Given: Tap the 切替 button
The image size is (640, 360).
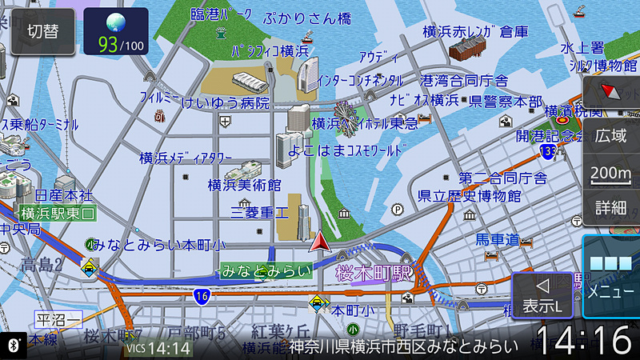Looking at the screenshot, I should (x=42, y=31).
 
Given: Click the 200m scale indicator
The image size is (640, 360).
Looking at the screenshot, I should (x=610, y=172).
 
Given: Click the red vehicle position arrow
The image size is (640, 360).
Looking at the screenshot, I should (x=320, y=241).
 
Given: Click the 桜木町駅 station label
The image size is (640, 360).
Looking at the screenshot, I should (x=374, y=272).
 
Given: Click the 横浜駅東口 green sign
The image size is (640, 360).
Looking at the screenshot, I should (x=58, y=213).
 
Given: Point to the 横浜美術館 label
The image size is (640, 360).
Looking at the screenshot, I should (x=244, y=186).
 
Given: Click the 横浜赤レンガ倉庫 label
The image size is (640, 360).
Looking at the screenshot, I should (x=475, y=32).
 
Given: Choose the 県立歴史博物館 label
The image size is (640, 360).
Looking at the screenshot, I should (x=469, y=196).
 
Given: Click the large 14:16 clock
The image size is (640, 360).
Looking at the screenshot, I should (x=583, y=340).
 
